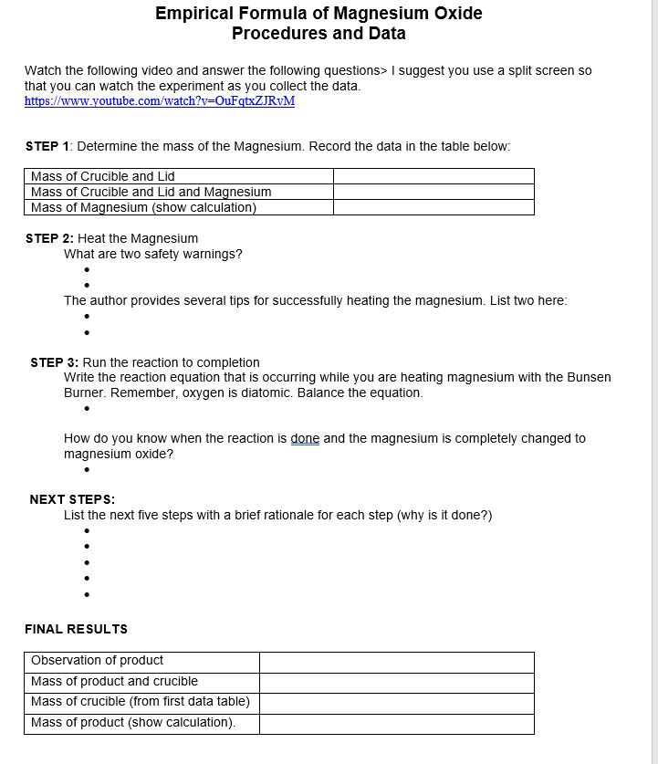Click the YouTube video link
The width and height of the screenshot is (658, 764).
click(x=160, y=100)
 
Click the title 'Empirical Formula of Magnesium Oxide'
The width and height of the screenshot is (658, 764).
click(x=319, y=14)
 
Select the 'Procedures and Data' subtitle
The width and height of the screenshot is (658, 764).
click(x=319, y=34)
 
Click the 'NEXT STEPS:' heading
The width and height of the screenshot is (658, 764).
click(x=72, y=499)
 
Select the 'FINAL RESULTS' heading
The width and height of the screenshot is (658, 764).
click(x=76, y=629)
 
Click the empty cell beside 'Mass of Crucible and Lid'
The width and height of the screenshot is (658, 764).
click(x=433, y=176)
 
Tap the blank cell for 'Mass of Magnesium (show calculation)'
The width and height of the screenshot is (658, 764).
click(x=433, y=207)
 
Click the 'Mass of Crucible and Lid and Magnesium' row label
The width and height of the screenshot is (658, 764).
click(x=151, y=192)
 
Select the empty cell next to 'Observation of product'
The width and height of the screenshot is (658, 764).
click(x=396, y=661)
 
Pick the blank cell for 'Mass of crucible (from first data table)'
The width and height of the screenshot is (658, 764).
click(x=396, y=703)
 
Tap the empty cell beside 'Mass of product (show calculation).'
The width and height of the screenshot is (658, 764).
click(x=396, y=723)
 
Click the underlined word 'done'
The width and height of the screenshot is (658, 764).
click(x=305, y=438)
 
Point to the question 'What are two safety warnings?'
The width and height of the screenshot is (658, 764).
click(x=152, y=254)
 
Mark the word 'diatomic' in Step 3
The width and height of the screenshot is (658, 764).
click(x=313, y=392)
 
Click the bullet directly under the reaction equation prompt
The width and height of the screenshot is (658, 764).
click(x=86, y=409)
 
